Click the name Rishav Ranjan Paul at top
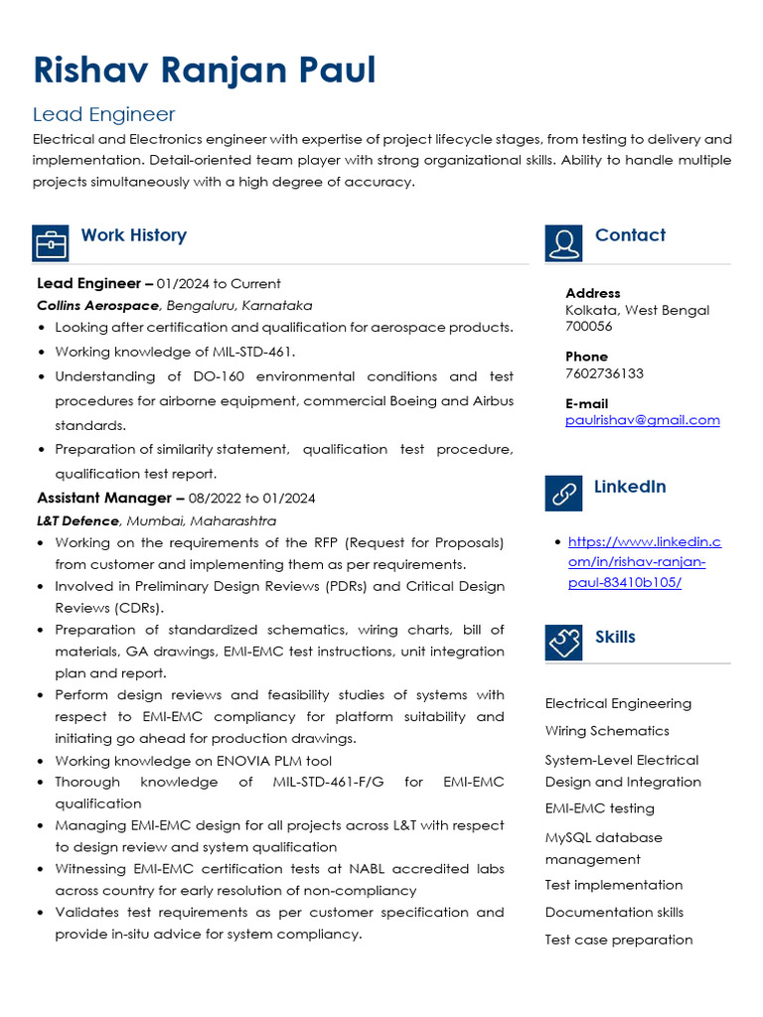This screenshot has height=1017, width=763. tap(205, 71)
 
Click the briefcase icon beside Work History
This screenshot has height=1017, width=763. tap(51, 242)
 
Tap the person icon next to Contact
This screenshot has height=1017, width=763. tap(563, 242)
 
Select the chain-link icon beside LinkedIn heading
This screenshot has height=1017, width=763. tap(563, 494)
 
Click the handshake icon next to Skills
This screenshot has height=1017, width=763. tap(563, 643)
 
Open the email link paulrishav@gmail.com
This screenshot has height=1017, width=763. tap(642, 420)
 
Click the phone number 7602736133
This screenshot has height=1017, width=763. tap(604, 373)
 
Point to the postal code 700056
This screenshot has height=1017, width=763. tap(588, 326)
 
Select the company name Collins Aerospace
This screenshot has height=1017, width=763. tap(97, 305)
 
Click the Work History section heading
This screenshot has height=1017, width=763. tap(133, 235)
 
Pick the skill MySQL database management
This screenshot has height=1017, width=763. tap(603, 848)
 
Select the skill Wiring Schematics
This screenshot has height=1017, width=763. tap(607, 731)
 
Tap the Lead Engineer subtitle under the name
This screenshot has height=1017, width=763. tap(104, 114)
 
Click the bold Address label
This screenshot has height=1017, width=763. tap(592, 293)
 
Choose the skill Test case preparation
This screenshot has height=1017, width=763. tap(618, 940)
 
